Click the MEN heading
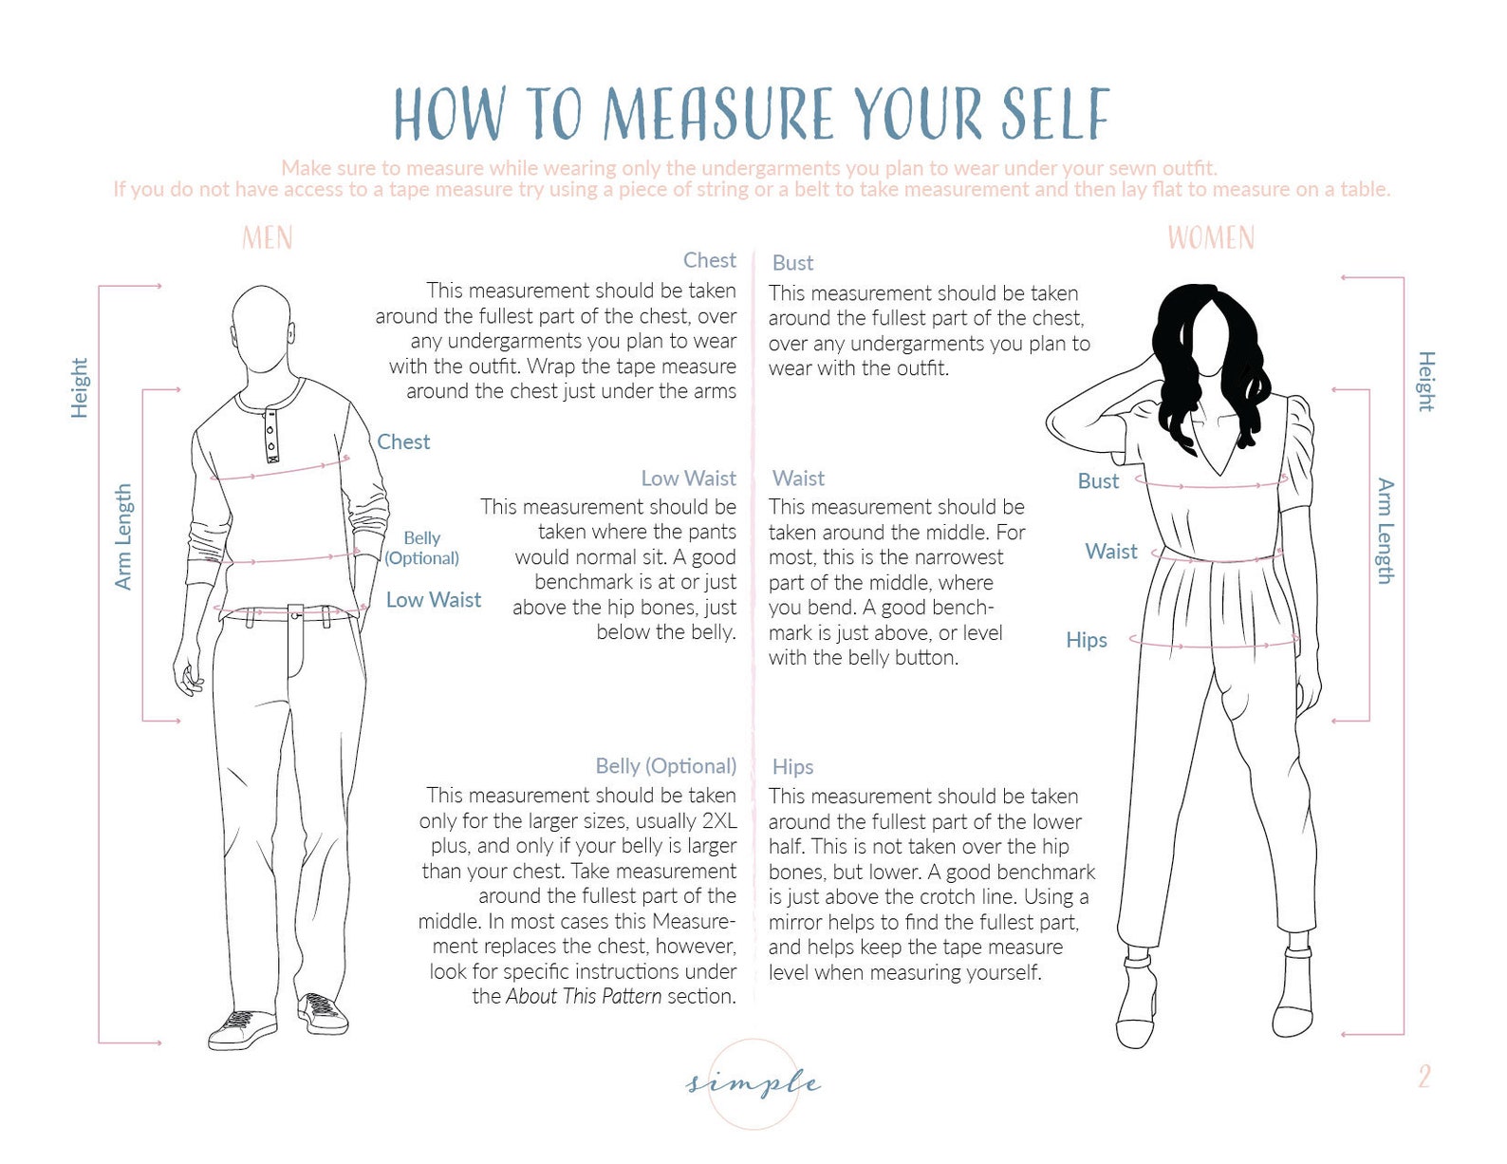pyautogui.click(x=267, y=237)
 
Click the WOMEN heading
pyautogui.click(x=1210, y=237)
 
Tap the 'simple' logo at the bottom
pyautogui.click(x=753, y=1082)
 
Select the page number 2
pyautogui.click(x=1423, y=1076)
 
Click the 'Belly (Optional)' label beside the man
pyautogui.click(x=421, y=548)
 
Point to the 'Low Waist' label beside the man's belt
pyautogui.click(x=433, y=600)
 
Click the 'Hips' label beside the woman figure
pyautogui.click(x=1086, y=640)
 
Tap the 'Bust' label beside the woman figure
pyautogui.click(x=1098, y=481)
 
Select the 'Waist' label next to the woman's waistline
pyautogui.click(x=1110, y=552)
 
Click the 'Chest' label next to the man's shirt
pyautogui.click(x=403, y=441)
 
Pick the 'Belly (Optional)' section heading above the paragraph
pyautogui.click(x=665, y=766)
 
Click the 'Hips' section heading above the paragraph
pyautogui.click(x=792, y=767)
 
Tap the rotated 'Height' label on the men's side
pyautogui.click(x=80, y=387)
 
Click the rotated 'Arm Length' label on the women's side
pyautogui.click(x=1386, y=531)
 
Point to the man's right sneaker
pyautogui.click(x=241, y=1030)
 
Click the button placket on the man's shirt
pyautogui.click(x=271, y=434)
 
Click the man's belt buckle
pyautogui.click(x=296, y=615)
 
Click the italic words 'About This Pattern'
pyautogui.click(x=584, y=997)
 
